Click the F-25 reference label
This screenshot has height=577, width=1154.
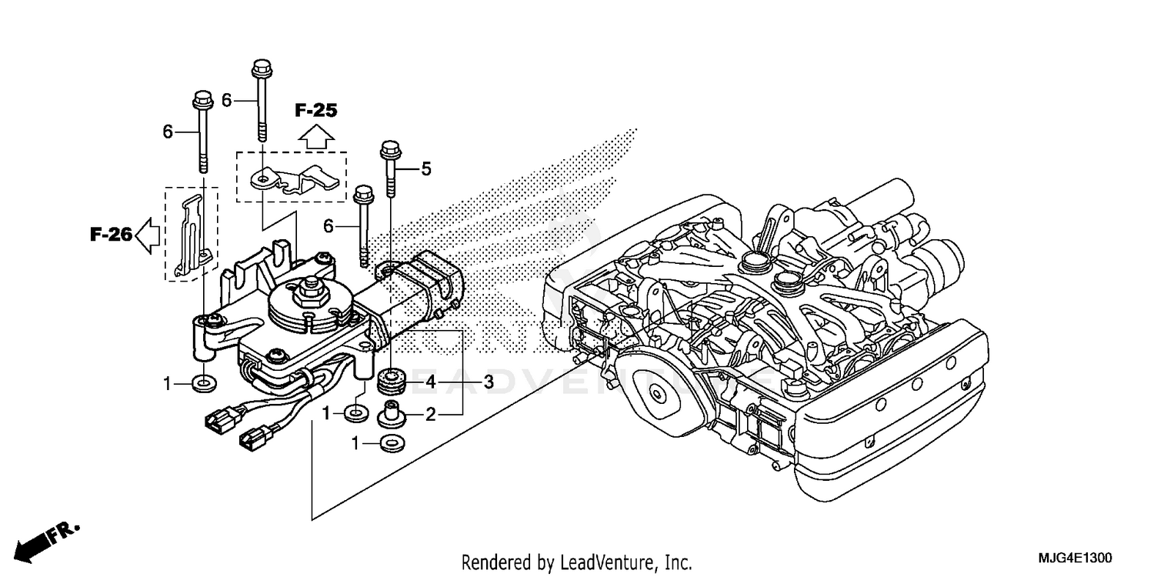[315, 111]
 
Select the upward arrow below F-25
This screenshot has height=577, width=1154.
[315, 137]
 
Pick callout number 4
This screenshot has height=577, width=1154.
[431, 382]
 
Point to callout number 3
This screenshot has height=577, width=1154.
[489, 382]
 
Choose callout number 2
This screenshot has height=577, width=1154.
[431, 415]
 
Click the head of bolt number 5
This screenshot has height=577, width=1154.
[388, 147]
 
